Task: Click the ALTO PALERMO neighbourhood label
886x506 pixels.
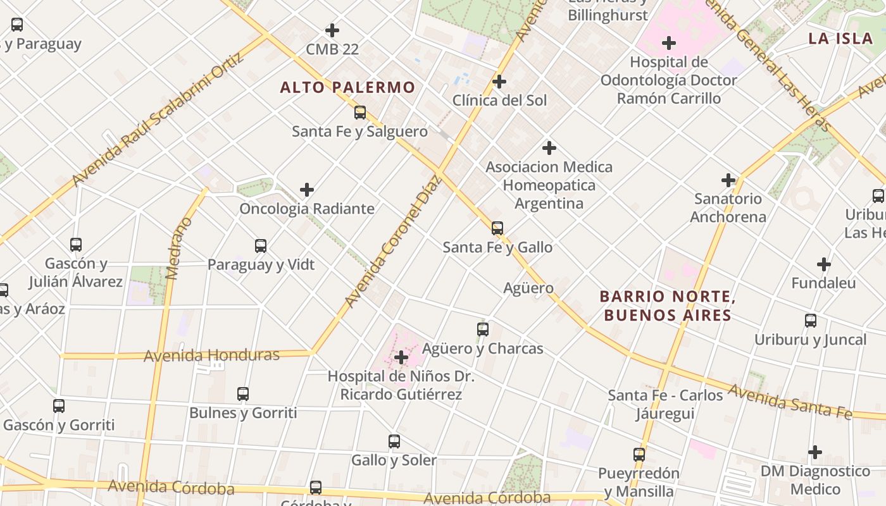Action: (347, 87)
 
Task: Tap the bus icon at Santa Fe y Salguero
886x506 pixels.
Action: (360, 113)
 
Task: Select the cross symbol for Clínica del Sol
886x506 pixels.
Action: (499, 82)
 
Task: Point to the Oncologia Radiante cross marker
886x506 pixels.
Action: (307, 190)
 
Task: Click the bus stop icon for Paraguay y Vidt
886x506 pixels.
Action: (261, 246)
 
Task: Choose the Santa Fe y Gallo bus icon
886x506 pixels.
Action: (497, 228)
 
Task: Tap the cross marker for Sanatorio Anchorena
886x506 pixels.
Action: (728, 180)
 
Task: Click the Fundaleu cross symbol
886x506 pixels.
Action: (823, 264)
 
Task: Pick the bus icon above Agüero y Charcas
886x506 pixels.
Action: (483, 330)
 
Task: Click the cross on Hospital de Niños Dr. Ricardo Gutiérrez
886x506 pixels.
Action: (401, 357)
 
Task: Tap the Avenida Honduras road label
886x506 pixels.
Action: (211, 355)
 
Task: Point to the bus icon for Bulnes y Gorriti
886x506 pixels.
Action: (243, 394)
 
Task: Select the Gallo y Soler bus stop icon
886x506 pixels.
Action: (394, 441)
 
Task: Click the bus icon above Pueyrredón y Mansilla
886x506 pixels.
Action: (639, 455)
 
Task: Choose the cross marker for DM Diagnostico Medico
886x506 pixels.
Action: (815, 452)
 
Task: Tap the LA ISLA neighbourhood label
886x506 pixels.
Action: (840, 38)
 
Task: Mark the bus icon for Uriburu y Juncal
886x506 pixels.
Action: (811, 321)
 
